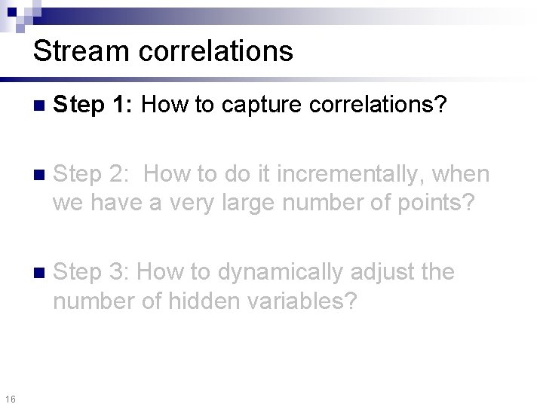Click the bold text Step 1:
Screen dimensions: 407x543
(x=94, y=106)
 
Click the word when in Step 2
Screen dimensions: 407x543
(x=462, y=175)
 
